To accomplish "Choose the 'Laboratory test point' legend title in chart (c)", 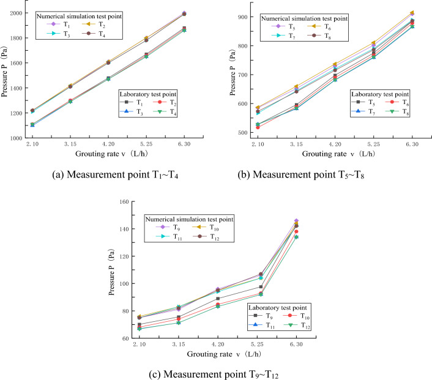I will click(x=274, y=307).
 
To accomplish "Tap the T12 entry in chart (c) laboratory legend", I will click(x=302, y=327).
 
